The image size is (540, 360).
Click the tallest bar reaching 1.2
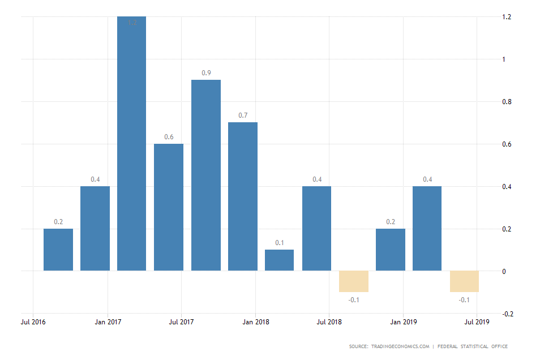[131, 144]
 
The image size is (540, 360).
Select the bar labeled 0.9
[206, 175]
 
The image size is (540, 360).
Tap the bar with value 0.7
[243, 196]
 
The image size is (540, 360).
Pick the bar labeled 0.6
[169, 207]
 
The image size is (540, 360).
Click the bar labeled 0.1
[280, 260]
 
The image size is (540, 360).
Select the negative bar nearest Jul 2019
[464, 281]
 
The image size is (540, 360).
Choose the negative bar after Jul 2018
[354, 281]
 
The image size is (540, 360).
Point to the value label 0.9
[206, 73]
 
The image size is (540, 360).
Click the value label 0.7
[243, 115]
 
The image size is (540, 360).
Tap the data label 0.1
[280, 243]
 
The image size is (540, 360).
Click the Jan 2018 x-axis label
[255, 322]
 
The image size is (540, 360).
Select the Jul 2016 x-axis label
[33, 322]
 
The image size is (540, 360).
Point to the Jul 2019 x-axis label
[477, 322]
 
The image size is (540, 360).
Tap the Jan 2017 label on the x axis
[107, 322]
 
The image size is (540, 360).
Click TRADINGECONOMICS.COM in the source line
[401, 346]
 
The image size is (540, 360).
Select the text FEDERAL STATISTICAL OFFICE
[473, 346]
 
